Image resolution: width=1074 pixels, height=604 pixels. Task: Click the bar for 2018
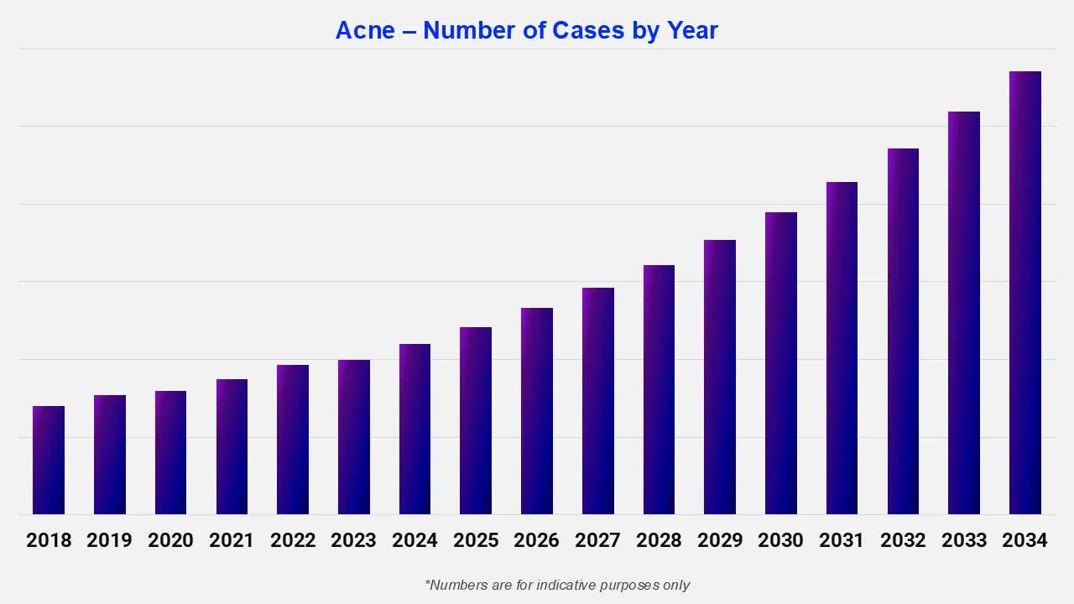(x=49, y=461)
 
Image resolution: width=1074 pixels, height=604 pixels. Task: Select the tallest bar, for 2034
(x=1024, y=293)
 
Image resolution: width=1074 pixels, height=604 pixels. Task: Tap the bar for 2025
(x=476, y=421)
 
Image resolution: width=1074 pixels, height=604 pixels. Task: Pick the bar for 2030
(x=780, y=363)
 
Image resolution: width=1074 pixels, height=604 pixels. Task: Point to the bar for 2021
(x=232, y=447)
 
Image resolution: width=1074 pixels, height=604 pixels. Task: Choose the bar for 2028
(x=659, y=390)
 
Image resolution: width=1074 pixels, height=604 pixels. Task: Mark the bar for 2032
(x=903, y=331)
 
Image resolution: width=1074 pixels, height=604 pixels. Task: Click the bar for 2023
(x=353, y=437)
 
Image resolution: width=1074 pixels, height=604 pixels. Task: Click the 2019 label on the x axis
(x=110, y=540)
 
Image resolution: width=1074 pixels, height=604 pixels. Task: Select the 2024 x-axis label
(x=414, y=540)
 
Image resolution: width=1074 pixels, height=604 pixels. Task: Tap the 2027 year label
(x=597, y=540)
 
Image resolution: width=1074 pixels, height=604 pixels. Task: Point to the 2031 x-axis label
(x=842, y=540)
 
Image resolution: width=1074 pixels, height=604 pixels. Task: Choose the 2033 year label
(x=964, y=540)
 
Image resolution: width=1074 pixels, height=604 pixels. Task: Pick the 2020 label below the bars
(x=170, y=540)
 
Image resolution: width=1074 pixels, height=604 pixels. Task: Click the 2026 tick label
(x=536, y=540)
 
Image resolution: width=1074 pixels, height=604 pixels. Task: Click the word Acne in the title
(x=365, y=31)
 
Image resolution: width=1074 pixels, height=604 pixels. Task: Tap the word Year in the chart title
(x=692, y=31)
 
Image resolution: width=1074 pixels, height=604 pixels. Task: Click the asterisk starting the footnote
(x=428, y=582)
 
